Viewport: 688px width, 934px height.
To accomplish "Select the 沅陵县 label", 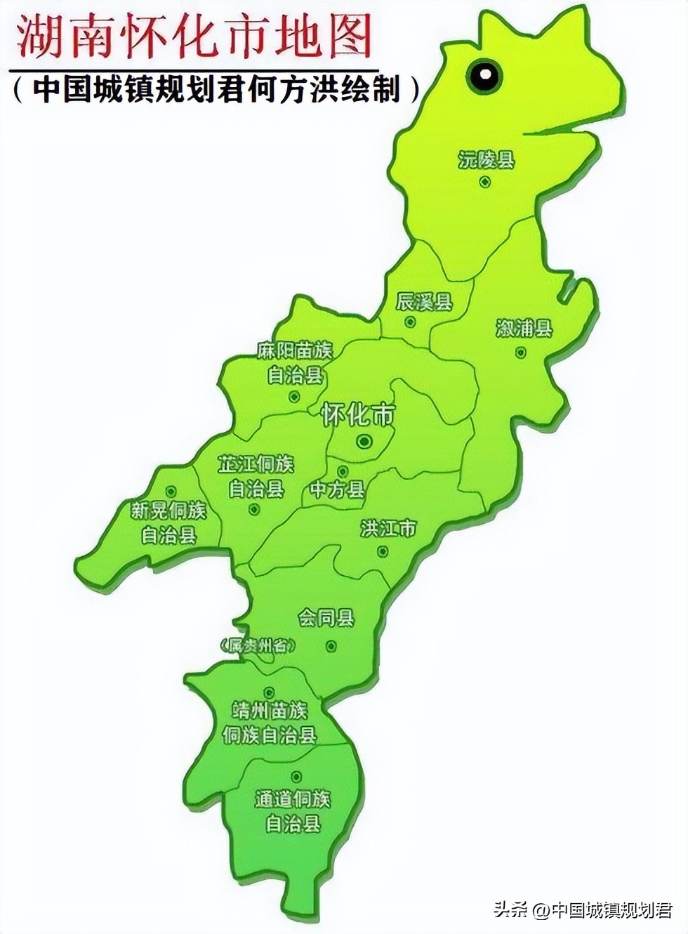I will coord(487,160).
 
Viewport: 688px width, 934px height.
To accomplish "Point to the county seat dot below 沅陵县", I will coord(485,183).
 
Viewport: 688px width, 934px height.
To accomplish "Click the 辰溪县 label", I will coord(424,303).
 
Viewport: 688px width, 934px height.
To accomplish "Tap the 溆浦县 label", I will coord(524,328).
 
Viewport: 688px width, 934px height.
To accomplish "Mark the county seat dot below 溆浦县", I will coord(521,353).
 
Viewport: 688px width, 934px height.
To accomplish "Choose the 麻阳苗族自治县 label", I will coord(295,362).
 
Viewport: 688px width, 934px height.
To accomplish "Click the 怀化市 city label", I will coord(358,415).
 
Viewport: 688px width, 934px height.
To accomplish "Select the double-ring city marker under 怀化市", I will coord(364,441).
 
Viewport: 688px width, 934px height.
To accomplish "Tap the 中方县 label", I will coord(338,489).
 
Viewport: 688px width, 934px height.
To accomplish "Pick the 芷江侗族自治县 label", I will coord(256,476).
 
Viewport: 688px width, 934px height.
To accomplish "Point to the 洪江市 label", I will coord(388,528).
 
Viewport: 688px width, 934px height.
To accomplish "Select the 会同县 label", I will coord(326,619).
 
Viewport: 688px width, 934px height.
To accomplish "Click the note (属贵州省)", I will coord(257,645).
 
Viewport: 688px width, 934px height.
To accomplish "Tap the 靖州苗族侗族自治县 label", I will coord(270,723).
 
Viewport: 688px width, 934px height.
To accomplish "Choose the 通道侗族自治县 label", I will coord(293,811).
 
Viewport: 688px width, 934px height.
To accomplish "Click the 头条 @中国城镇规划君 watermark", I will coord(583,910).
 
